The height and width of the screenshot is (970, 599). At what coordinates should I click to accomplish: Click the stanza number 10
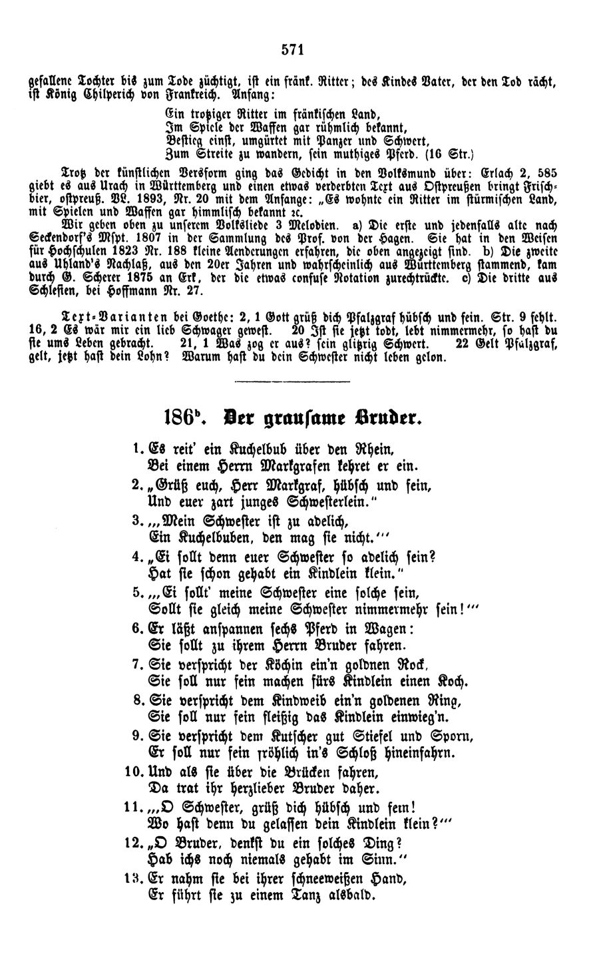click(x=132, y=774)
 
